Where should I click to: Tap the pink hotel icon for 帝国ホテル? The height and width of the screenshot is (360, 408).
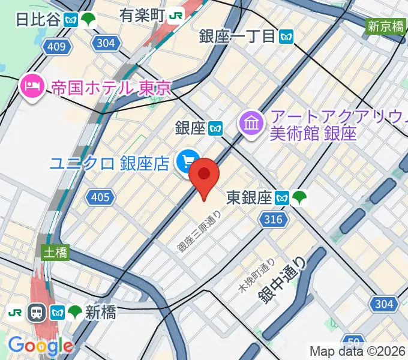pyautogui.click(x=31, y=88)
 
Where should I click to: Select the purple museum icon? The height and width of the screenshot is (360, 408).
pyautogui.click(x=251, y=124)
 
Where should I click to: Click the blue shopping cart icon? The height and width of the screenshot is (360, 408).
pyautogui.click(x=188, y=161)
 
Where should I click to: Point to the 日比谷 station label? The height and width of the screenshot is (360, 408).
pyautogui.click(x=38, y=19)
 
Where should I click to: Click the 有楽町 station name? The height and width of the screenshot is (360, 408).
pyautogui.click(x=142, y=15)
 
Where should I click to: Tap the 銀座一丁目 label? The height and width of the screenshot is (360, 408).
pyautogui.click(x=238, y=37)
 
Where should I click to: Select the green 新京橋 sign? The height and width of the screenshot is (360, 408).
pyautogui.click(x=385, y=26)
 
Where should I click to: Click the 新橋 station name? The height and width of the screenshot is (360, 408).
pyautogui.click(x=100, y=312)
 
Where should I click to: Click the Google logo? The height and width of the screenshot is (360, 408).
pyautogui.click(x=40, y=346)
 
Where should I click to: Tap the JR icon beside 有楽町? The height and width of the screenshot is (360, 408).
pyautogui.click(x=177, y=15)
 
